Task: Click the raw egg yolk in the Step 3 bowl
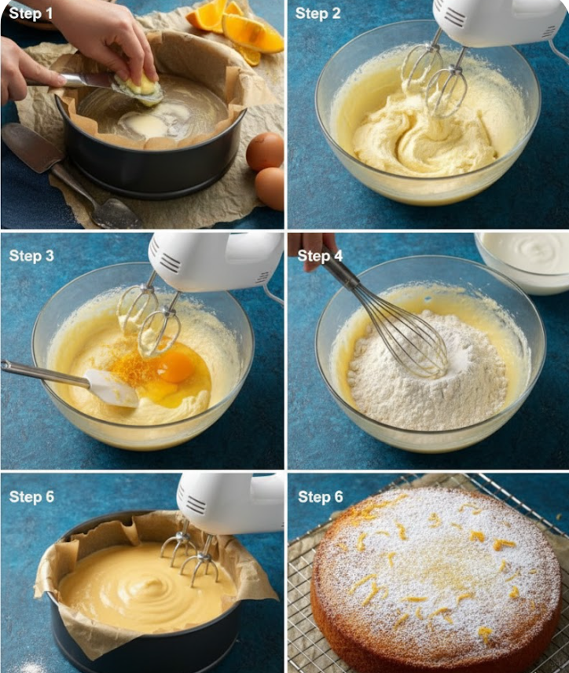(x=174, y=367)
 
